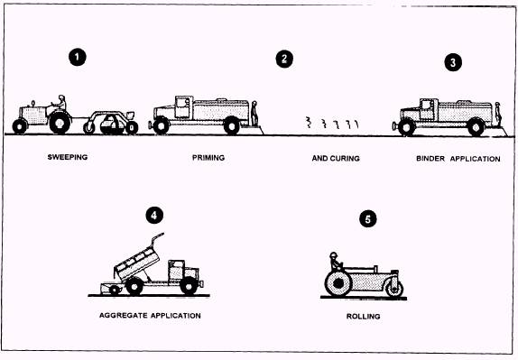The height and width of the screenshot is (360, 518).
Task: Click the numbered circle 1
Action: point(78,57)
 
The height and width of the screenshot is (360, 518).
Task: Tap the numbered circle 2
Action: point(284,60)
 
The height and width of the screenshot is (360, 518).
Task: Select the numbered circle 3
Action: point(453,62)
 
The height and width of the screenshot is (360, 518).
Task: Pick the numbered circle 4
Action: point(154,216)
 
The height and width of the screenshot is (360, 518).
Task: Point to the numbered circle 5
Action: point(368,219)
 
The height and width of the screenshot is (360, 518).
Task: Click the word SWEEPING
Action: point(68,157)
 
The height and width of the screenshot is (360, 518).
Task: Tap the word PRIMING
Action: point(208,158)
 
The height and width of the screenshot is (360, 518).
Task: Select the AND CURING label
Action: point(336,159)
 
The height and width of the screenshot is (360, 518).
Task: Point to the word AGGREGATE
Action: point(124,316)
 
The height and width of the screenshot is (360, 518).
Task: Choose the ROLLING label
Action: point(363,317)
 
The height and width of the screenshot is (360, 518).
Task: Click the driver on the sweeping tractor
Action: point(60,104)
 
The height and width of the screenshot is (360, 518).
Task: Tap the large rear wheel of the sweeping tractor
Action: point(60,123)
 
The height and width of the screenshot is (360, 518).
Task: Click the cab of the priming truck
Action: point(183,107)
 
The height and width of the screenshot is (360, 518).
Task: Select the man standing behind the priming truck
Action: point(254,114)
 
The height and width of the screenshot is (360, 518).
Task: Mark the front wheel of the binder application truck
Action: point(407,127)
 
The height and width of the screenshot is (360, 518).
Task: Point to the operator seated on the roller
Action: point(336,262)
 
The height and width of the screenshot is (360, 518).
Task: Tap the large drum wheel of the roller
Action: point(338,283)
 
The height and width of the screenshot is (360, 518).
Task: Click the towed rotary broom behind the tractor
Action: point(111,123)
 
